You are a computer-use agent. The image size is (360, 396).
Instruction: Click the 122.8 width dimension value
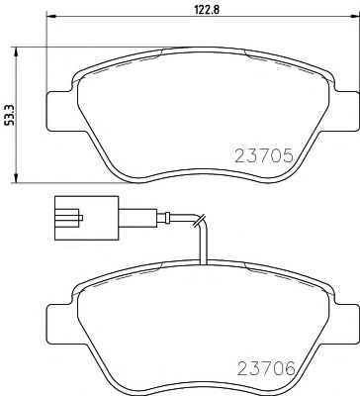point(206,9)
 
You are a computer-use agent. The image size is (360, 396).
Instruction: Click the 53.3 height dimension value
point(10,115)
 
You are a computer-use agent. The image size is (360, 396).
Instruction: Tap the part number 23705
point(264,155)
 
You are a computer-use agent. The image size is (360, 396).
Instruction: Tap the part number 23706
point(266,368)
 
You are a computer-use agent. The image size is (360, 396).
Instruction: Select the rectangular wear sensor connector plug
point(86,218)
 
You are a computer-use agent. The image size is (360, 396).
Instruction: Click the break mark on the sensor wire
point(200,220)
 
